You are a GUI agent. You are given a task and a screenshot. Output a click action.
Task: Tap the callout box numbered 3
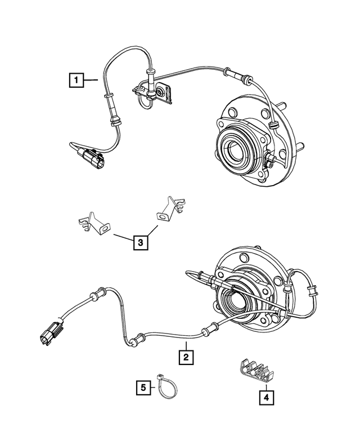point(141,243)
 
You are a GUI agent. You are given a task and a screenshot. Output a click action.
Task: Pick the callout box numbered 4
point(265,398)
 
